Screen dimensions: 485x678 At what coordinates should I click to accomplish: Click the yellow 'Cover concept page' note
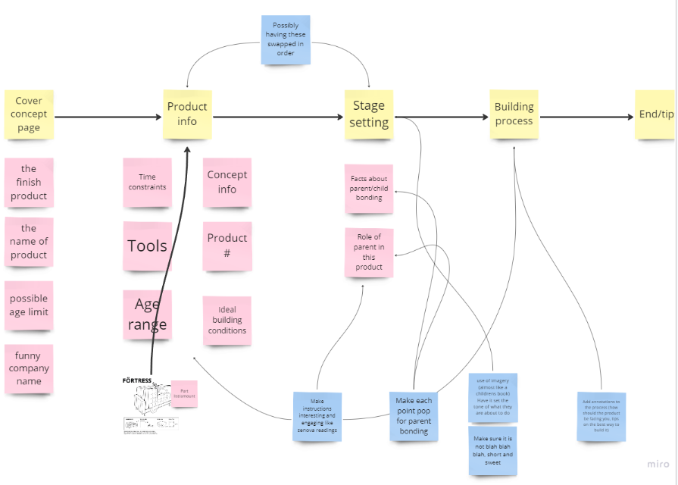click(x=29, y=114)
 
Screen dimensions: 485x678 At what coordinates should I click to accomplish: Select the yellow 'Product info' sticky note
click(x=187, y=114)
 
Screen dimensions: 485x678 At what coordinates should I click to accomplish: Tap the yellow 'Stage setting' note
click(x=369, y=114)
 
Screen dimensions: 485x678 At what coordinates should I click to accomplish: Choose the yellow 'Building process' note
click(x=514, y=114)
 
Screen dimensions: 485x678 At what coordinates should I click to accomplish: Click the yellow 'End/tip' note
click(x=655, y=114)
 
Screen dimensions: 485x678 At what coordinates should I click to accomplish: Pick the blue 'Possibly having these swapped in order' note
click(x=286, y=40)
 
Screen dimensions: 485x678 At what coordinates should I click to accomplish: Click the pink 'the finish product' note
click(x=29, y=183)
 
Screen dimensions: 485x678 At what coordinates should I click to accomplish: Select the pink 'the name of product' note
click(x=29, y=242)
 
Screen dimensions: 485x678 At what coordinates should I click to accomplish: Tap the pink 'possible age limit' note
click(x=29, y=305)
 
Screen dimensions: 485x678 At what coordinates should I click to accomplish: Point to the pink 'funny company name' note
click(x=29, y=368)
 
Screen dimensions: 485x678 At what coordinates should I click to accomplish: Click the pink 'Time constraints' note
click(x=147, y=182)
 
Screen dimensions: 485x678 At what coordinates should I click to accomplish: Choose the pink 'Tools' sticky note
click(x=147, y=246)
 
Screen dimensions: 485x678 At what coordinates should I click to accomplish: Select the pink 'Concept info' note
click(x=227, y=182)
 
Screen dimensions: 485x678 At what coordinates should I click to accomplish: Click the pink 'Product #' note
click(x=227, y=246)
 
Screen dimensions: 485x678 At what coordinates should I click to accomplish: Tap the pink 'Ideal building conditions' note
click(x=227, y=321)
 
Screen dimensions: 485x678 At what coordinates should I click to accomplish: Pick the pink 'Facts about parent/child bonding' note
click(x=369, y=188)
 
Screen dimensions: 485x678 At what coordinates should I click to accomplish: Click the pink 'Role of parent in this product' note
click(x=369, y=252)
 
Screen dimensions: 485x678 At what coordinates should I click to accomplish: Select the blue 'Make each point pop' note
click(x=414, y=415)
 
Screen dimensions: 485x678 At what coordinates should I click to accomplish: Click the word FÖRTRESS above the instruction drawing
click(x=137, y=380)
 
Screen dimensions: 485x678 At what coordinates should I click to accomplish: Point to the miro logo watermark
click(x=658, y=464)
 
